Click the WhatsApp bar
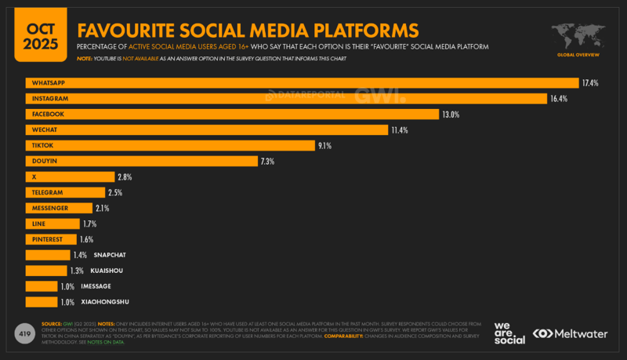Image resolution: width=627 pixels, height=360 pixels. pyautogui.click(x=302, y=83)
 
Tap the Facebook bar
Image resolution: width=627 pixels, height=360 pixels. pyautogui.click(x=231, y=115)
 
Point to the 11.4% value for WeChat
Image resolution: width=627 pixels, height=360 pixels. pyautogui.click(x=400, y=130)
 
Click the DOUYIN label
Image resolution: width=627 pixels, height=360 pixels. pyautogui.click(x=45, y=162)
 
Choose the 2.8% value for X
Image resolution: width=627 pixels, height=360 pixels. pyautogui.click(x=125, y=177)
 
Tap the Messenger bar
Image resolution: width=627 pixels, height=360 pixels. pyautogui.click(x=59, y=208)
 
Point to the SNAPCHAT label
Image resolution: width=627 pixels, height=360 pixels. pyautogui.click(x=110, y=255)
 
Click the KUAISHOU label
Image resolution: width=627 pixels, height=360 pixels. pyautogui.click(x=107, y=271)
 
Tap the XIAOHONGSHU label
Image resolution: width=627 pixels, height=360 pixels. pyautogui.click(x=105, y=302)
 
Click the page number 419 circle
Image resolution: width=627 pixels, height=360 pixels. pyautogui.click(x=24, y=333)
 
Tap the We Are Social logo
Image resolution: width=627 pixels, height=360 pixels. pyautogui.click(x=509, y=332)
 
